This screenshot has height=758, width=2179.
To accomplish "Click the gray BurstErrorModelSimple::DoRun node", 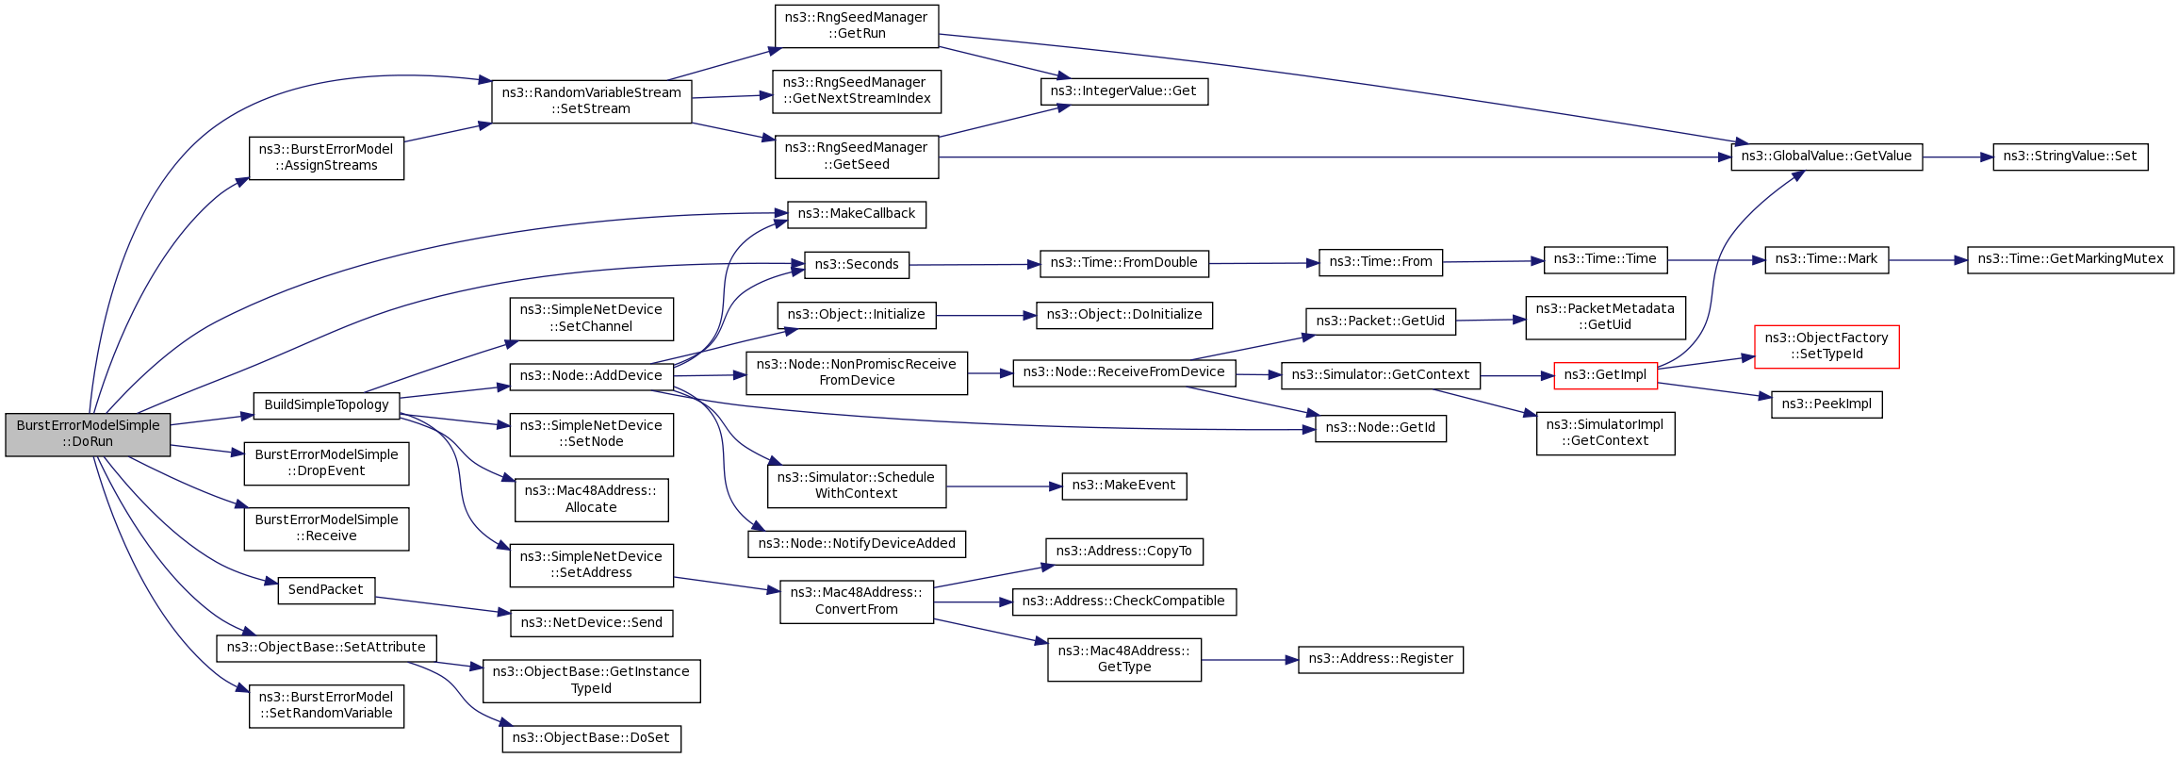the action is pos(88,435).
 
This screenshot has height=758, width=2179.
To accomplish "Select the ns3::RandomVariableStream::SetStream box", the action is pos(592,101).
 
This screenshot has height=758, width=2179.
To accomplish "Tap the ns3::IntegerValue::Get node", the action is pos(1123,91).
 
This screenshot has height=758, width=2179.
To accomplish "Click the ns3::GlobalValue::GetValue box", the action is pos(1827,157).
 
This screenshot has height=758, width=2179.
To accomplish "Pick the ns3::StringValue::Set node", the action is pos(2070,157).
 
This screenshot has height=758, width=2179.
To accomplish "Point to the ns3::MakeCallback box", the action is pos(857,214).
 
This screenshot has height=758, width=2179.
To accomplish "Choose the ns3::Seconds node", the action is pos(857,265).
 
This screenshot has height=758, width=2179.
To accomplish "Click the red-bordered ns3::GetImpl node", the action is pos(1605,375).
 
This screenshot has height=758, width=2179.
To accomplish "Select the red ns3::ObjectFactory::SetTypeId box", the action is pos(1827,347).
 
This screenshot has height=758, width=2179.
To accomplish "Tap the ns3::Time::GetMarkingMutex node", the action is pos(2071,259).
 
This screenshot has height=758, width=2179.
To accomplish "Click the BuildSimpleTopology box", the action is pos(326,405).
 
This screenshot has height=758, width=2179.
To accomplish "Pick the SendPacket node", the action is pos(326,590).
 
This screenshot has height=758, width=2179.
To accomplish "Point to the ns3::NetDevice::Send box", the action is pos(592,623).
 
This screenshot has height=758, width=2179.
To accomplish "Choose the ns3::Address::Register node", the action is pos(1381,659).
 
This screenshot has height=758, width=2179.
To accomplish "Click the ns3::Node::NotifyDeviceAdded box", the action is pos(857,544).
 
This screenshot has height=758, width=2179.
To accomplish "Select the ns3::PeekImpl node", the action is pos(1827,404).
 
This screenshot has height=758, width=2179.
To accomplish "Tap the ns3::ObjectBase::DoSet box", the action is pos(592,738).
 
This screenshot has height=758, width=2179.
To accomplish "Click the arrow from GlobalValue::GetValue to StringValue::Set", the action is pos(1958,157).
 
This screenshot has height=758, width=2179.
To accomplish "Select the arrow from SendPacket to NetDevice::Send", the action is pos(442,605).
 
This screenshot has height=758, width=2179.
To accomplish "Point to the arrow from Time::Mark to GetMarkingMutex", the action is pos(1928,260).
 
